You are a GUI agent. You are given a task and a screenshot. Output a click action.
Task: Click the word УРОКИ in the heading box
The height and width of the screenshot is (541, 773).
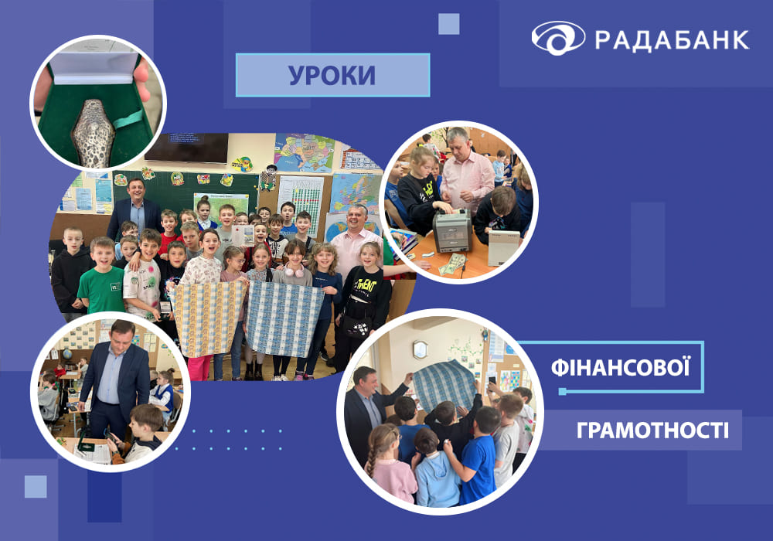click(x=332, y=76)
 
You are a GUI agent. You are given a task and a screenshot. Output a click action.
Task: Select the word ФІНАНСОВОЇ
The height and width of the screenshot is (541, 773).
click(x=620, y=368)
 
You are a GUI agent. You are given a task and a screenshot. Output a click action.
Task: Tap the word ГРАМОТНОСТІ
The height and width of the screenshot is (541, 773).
click(x=652, y=430)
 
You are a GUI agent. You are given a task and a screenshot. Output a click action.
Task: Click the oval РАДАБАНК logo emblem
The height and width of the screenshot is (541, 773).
click(x=558, y=38)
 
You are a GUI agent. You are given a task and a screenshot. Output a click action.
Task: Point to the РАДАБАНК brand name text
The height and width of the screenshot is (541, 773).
click(x=672, y=40)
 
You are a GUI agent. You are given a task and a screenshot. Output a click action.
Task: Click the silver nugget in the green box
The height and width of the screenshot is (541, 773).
click(x=94, y=133)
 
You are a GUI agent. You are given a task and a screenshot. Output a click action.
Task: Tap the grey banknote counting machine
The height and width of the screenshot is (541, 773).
click(x=452, y=230)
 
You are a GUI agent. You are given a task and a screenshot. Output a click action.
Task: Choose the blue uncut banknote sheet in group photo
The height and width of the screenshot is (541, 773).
click(x=284, y=318)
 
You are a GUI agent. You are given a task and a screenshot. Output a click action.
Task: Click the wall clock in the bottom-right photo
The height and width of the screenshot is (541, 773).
click(x=420, y=349)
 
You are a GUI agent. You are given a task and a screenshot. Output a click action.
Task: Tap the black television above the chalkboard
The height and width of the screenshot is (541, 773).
click(x=186, y=148)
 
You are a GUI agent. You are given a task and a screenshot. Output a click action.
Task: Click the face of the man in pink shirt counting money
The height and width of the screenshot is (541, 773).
click(x=458, y=144)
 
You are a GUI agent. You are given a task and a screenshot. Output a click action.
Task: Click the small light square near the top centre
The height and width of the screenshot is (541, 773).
click(x=448, y=24)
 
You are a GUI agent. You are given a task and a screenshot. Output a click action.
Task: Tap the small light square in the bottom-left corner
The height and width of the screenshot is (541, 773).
click(x=36, y=486)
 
